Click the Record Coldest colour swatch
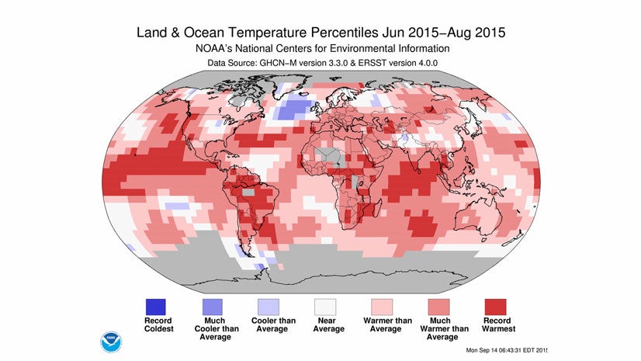(158, 305)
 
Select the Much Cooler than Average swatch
(214, 305)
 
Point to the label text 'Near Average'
(327, 325)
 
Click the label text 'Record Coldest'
(158, 325)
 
